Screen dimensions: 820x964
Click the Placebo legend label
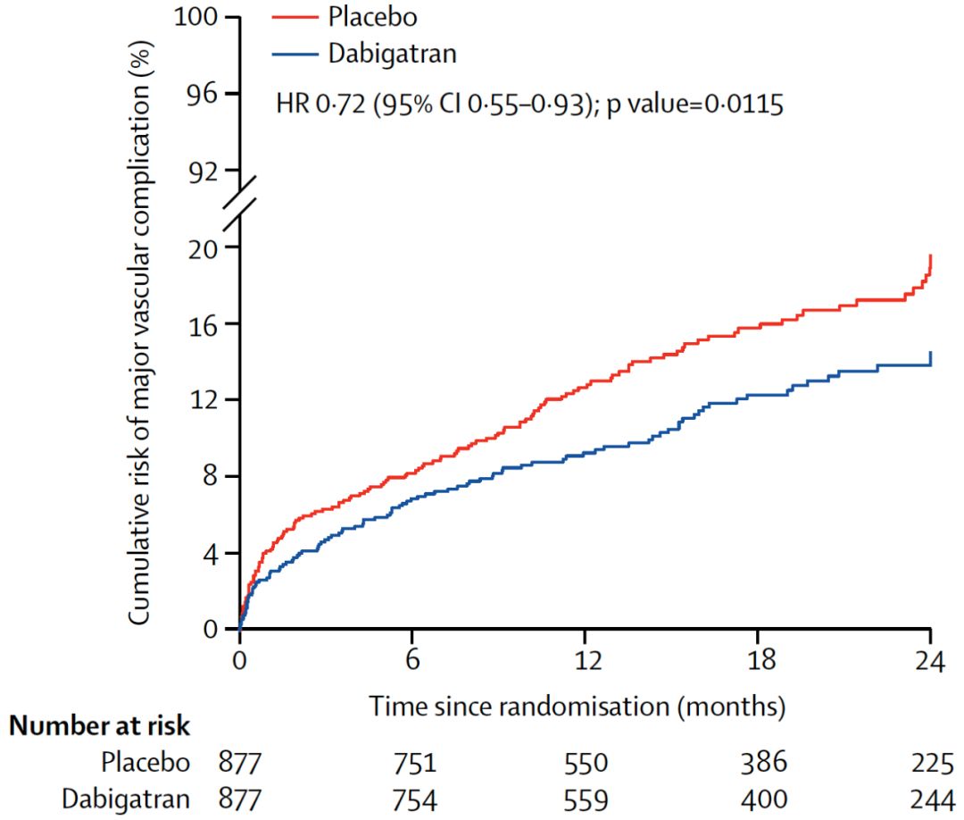pos(371,17)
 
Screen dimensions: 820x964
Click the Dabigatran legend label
pos(392,54)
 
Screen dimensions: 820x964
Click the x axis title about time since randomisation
pos(578,707)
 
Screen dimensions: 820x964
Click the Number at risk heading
pos(100,726)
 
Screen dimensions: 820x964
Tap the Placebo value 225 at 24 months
pos(930,763)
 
